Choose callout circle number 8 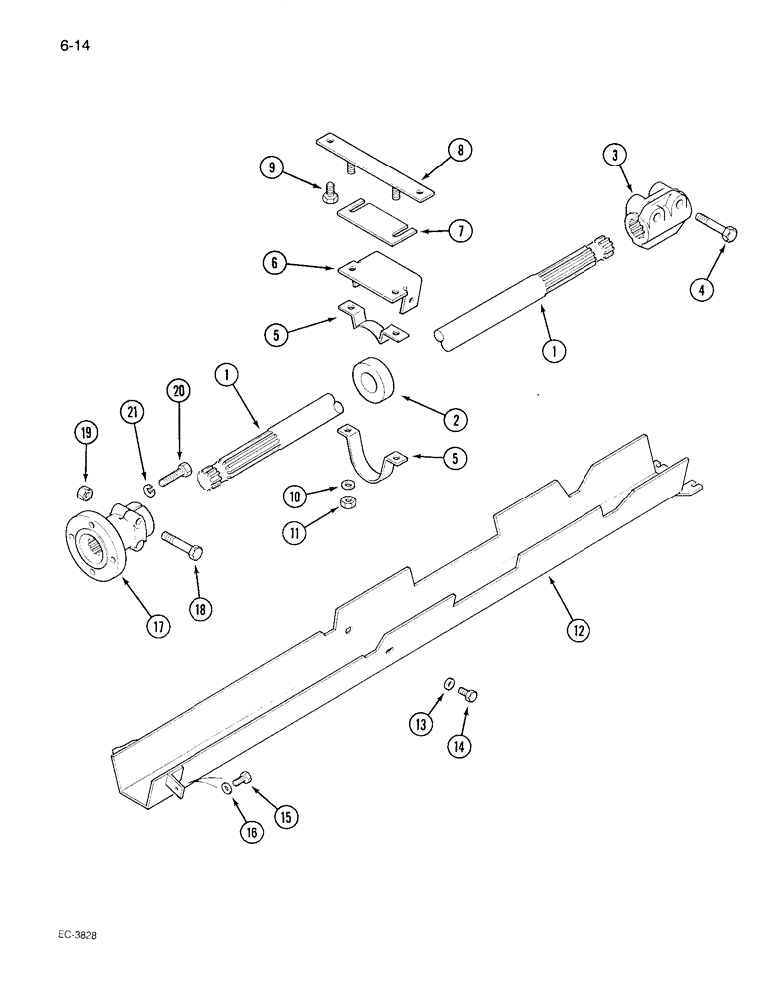pos(459,151)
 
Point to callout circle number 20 pos(179,392)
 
